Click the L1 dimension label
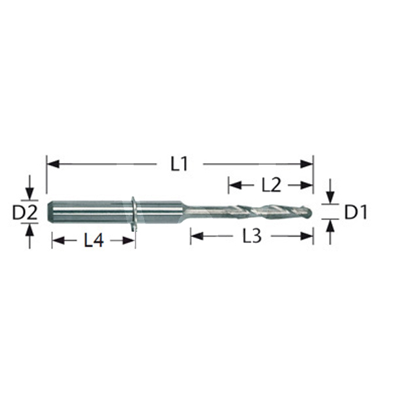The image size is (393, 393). click(x=179, y=164)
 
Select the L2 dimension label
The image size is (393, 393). click(x=271, y=185)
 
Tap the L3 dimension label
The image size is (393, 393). click(x=252, y=236)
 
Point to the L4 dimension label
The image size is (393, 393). click(x=94, y=241)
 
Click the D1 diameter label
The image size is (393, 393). click(x=356, y=212)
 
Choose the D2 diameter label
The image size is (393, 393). click(x=25, y=212)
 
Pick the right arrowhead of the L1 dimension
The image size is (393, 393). click(x=307, y=164)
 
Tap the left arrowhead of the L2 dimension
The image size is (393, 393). click(x=235, y=185)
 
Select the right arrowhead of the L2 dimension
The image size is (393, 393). click(x=307, y=185)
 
